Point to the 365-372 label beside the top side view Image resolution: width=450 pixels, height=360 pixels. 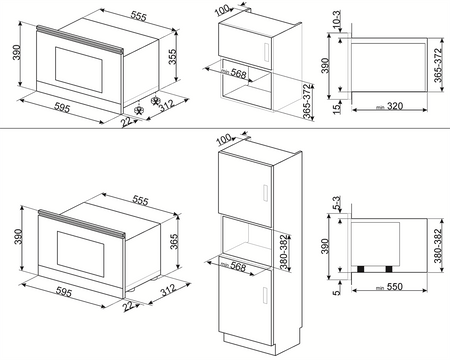click(440, 62)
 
